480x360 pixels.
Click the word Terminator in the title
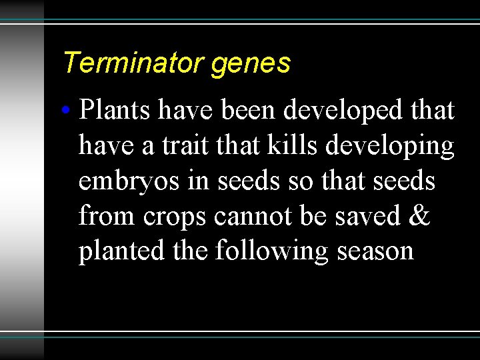point(134,63)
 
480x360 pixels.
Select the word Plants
point(115,111)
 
